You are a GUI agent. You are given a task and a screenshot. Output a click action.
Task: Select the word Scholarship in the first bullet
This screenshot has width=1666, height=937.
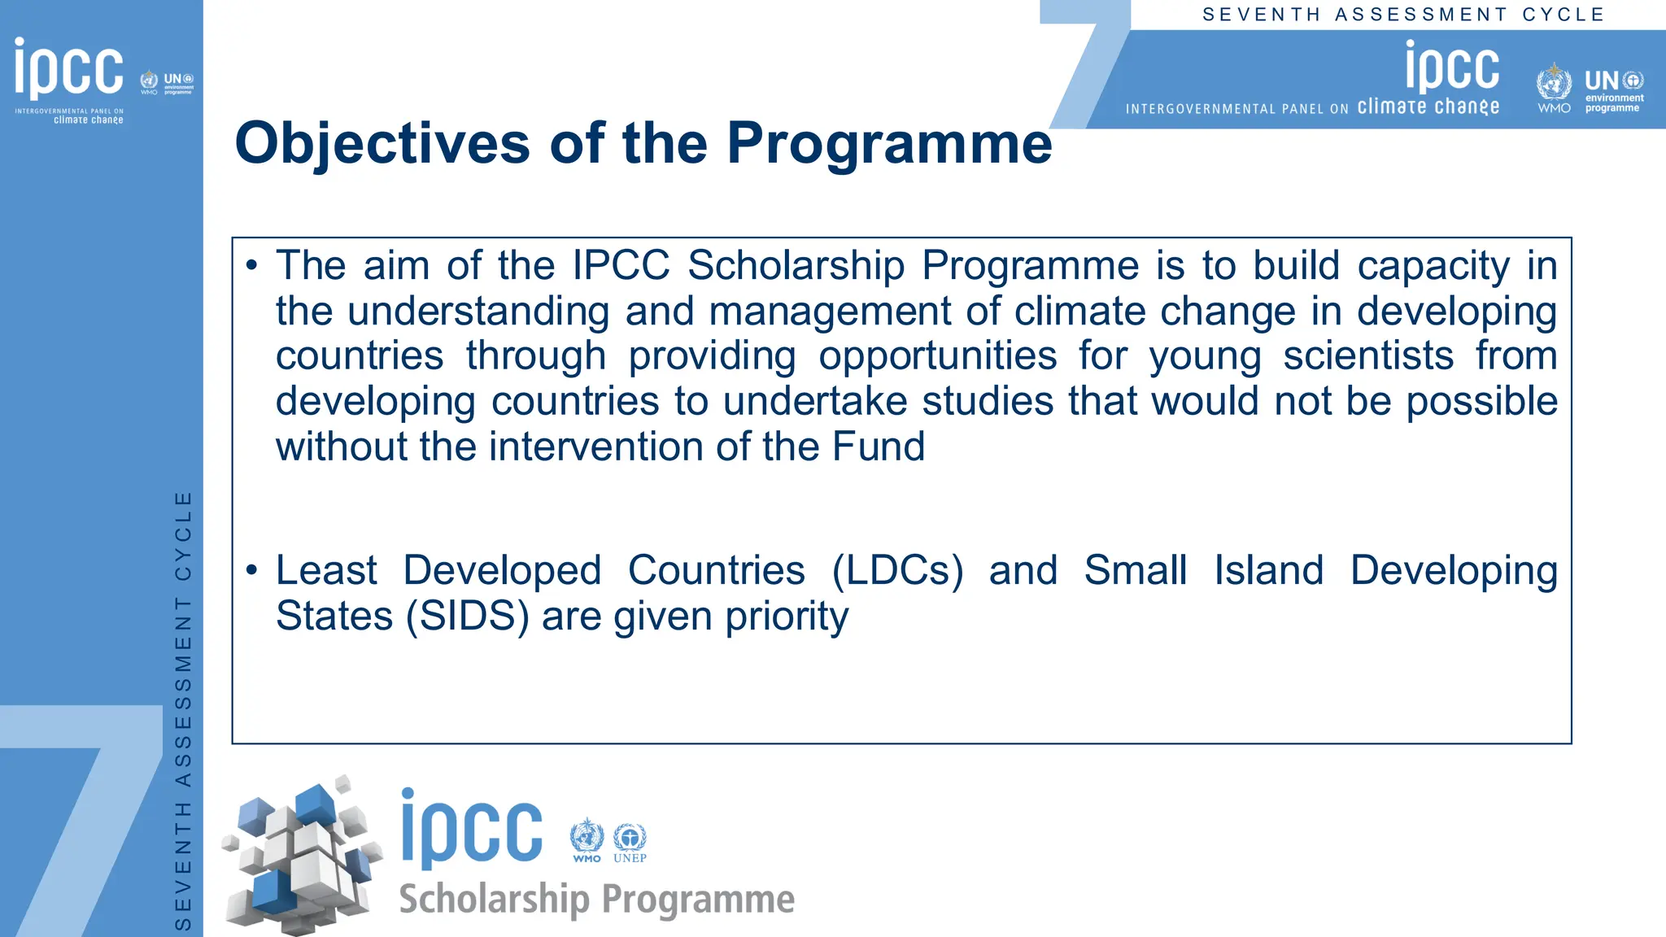pos(796,266)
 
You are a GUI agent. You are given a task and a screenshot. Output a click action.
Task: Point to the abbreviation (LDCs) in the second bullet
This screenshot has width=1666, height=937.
pos(897,570)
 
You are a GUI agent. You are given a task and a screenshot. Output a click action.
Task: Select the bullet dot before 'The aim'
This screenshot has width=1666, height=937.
pos(251,266)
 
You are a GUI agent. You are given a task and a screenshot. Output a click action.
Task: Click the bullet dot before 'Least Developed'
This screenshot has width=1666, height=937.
pos(251,570)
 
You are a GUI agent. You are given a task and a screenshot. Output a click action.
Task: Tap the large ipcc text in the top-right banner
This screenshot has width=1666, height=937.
pos(1452,68)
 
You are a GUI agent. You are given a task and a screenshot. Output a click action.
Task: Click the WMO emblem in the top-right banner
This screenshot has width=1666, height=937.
pos(1554,85)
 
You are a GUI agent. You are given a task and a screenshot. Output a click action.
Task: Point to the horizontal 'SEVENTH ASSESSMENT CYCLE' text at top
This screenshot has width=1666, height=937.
pos(1403,15)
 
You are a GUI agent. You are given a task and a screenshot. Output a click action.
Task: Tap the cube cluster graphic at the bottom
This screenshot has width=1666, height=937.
pos(301,854)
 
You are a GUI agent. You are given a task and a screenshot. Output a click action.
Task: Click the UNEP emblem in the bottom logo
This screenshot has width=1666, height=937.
pos(630,841)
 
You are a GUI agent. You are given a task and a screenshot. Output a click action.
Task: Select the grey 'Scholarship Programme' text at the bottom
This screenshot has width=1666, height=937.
pos(596,900)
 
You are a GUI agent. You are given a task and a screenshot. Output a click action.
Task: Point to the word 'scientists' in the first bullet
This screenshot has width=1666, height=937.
pos(1368,356)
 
